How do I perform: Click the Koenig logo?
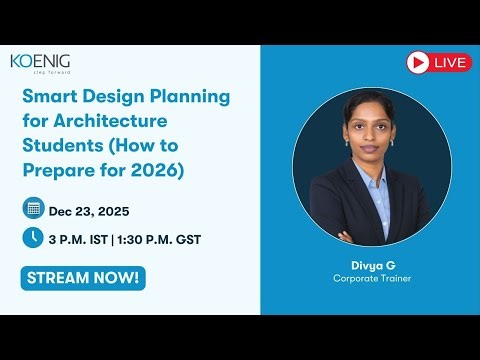click(x=40, y=61)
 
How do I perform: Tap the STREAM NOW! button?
click(x=82, y=278)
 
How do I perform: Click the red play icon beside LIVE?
click(x=418, y=62)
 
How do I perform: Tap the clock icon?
click(x=33, y=238)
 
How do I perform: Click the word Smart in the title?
click(x=49, y=98)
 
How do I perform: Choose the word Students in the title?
click(x=61, y=147)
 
